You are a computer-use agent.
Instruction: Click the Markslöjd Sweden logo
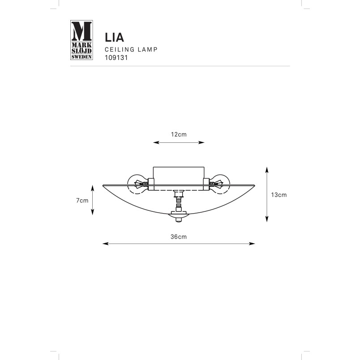tap(81, 40)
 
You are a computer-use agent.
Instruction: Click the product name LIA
tap(114, 38)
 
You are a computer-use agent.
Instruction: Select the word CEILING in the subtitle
tap(120, 50)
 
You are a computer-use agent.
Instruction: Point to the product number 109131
tap(116, 58)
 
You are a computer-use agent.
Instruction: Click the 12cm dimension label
tap(179, 134)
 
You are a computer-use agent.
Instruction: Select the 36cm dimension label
tap(179, 237)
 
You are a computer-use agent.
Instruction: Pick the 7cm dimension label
tap(82, 201)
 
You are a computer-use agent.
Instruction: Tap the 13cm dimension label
tap(279, 195)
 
